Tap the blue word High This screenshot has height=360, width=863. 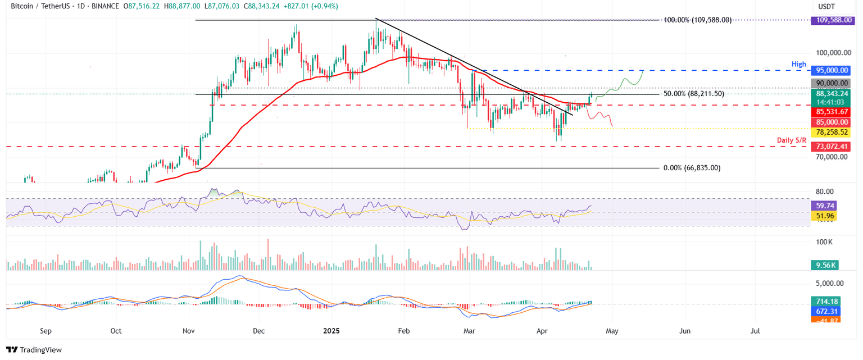[798, 65]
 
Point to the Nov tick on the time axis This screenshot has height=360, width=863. [189, 331]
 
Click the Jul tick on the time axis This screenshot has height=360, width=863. [756, 331]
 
